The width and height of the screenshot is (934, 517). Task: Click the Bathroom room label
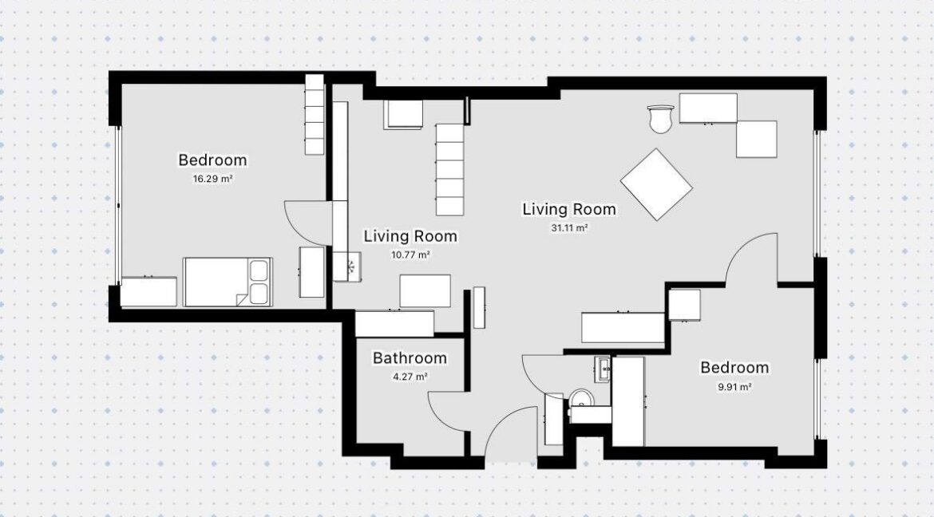[410, 358]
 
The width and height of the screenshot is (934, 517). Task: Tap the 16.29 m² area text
[212, 179]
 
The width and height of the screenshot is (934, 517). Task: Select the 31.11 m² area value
[569, 227]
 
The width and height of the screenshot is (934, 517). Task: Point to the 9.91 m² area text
[734, 387]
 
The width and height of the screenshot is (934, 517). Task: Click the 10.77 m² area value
[410, 255]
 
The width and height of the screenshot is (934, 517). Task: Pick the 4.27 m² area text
[410, 377]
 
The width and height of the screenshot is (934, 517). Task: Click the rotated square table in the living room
[656, 184]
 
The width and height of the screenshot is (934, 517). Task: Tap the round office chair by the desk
[660, 119]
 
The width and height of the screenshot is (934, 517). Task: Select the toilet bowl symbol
[581, 399]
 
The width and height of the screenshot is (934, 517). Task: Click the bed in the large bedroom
[228, 282]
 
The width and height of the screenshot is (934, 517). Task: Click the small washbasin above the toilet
[602, 369]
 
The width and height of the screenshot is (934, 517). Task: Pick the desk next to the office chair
[708, 108]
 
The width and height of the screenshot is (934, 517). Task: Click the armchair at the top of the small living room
[403, 114]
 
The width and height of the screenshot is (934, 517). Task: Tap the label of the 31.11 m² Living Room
[569, 209]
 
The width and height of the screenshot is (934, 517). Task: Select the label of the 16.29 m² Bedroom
[212, 160]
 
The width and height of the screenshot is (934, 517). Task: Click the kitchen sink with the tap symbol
[347, 266]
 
